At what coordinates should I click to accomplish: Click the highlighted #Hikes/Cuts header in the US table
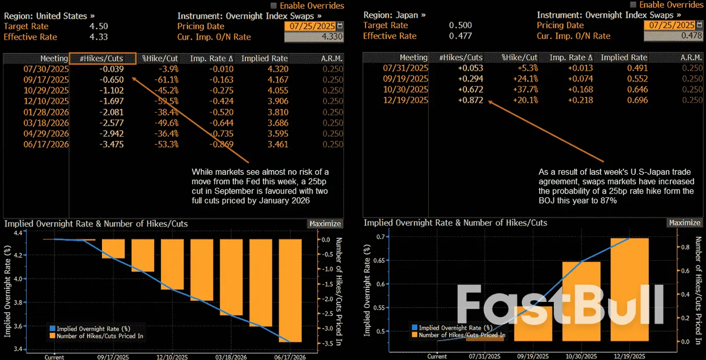103,58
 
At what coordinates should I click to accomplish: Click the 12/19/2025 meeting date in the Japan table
406,100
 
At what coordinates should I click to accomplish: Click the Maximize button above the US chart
325,223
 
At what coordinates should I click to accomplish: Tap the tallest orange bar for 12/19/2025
630,289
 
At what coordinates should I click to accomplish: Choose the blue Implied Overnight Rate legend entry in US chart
88,328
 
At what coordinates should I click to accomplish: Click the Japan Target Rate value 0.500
460,26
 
